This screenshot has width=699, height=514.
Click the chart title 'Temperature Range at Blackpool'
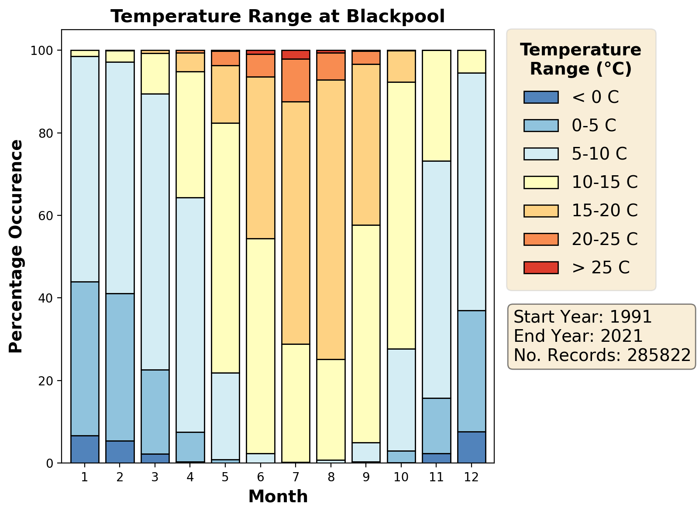tap(278, 17)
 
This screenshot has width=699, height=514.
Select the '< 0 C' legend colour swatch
tap(541, 97)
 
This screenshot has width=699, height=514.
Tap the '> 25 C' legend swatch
tap(541, 267)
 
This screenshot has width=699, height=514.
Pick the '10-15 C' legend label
tap(605, 182)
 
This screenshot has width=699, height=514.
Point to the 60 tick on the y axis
tap(49, 216)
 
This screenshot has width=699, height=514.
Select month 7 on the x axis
tap(296, 477)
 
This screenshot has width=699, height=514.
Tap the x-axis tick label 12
tap(472, 477)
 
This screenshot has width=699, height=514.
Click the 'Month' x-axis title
tap(278, 497)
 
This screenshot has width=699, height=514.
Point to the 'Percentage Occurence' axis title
tap(16, 246)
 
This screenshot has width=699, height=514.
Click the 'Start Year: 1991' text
tap(583, 317)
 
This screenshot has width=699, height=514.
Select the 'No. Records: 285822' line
tap(602, 355)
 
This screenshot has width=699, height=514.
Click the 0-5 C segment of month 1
tap(85, 358)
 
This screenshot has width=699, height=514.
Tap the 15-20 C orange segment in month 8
tap(331, 219)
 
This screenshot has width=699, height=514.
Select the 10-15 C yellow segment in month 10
tap(401, 215)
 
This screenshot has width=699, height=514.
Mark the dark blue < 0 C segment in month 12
tap(472, 447)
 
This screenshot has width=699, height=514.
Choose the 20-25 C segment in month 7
tap(296, 80)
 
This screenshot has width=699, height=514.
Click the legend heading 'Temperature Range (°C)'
tap(581, 59)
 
